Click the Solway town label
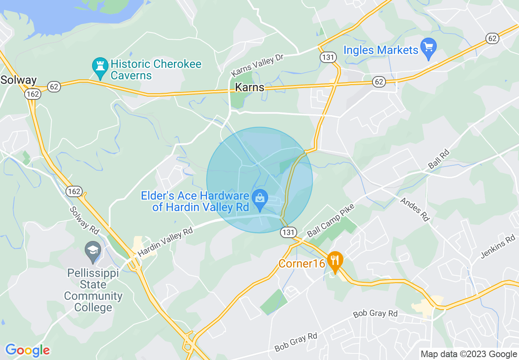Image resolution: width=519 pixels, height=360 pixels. (x=18, y=80)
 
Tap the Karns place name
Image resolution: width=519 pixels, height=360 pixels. (x=249, y=88)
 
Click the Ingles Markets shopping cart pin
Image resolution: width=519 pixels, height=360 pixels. (x=429, y=49)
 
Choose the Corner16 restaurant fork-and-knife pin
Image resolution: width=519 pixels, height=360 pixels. (x=335, y=262)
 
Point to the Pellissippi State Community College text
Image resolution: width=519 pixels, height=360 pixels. (x=93, y=290)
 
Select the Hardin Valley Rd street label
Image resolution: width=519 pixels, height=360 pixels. (x=165, y=242)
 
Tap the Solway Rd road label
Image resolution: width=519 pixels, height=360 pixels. (x=84, y=220)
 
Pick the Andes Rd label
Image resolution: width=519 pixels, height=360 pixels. (x=415, y=209)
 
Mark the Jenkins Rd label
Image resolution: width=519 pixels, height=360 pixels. (x=498, y=246)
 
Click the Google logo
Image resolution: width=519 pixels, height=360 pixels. (x=27, y=350)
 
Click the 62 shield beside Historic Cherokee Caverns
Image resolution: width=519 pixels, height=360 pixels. (x=54, y=86)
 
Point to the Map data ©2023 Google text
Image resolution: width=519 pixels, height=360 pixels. (x=469, y=354)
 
